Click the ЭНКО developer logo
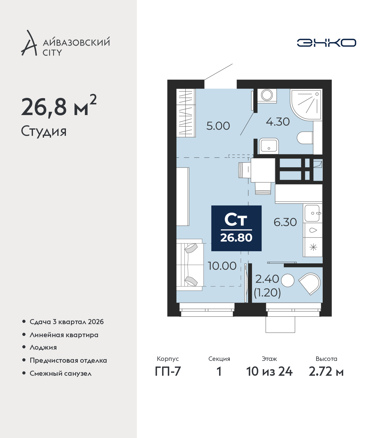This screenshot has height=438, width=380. (326, 43)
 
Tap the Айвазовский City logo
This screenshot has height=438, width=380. (65, 43)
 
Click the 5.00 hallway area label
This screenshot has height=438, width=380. (218, 126)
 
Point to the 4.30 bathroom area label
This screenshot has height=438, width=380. (278, 122)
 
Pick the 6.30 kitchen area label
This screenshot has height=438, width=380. (285, 222)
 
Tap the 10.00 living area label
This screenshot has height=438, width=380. (222, 266)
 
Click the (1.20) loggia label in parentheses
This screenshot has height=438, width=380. (267, 293)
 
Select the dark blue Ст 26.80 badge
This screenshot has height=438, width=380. (236, 228)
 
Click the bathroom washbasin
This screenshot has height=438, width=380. (269, 146)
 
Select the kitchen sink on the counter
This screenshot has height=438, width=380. (312, 213)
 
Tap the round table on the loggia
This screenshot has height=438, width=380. (287, 280)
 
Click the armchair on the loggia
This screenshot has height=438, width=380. (310, 283)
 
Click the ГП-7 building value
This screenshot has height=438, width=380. (168, 371)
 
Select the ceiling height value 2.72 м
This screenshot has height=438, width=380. (326, 371)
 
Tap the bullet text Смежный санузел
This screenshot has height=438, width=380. (61, 373)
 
